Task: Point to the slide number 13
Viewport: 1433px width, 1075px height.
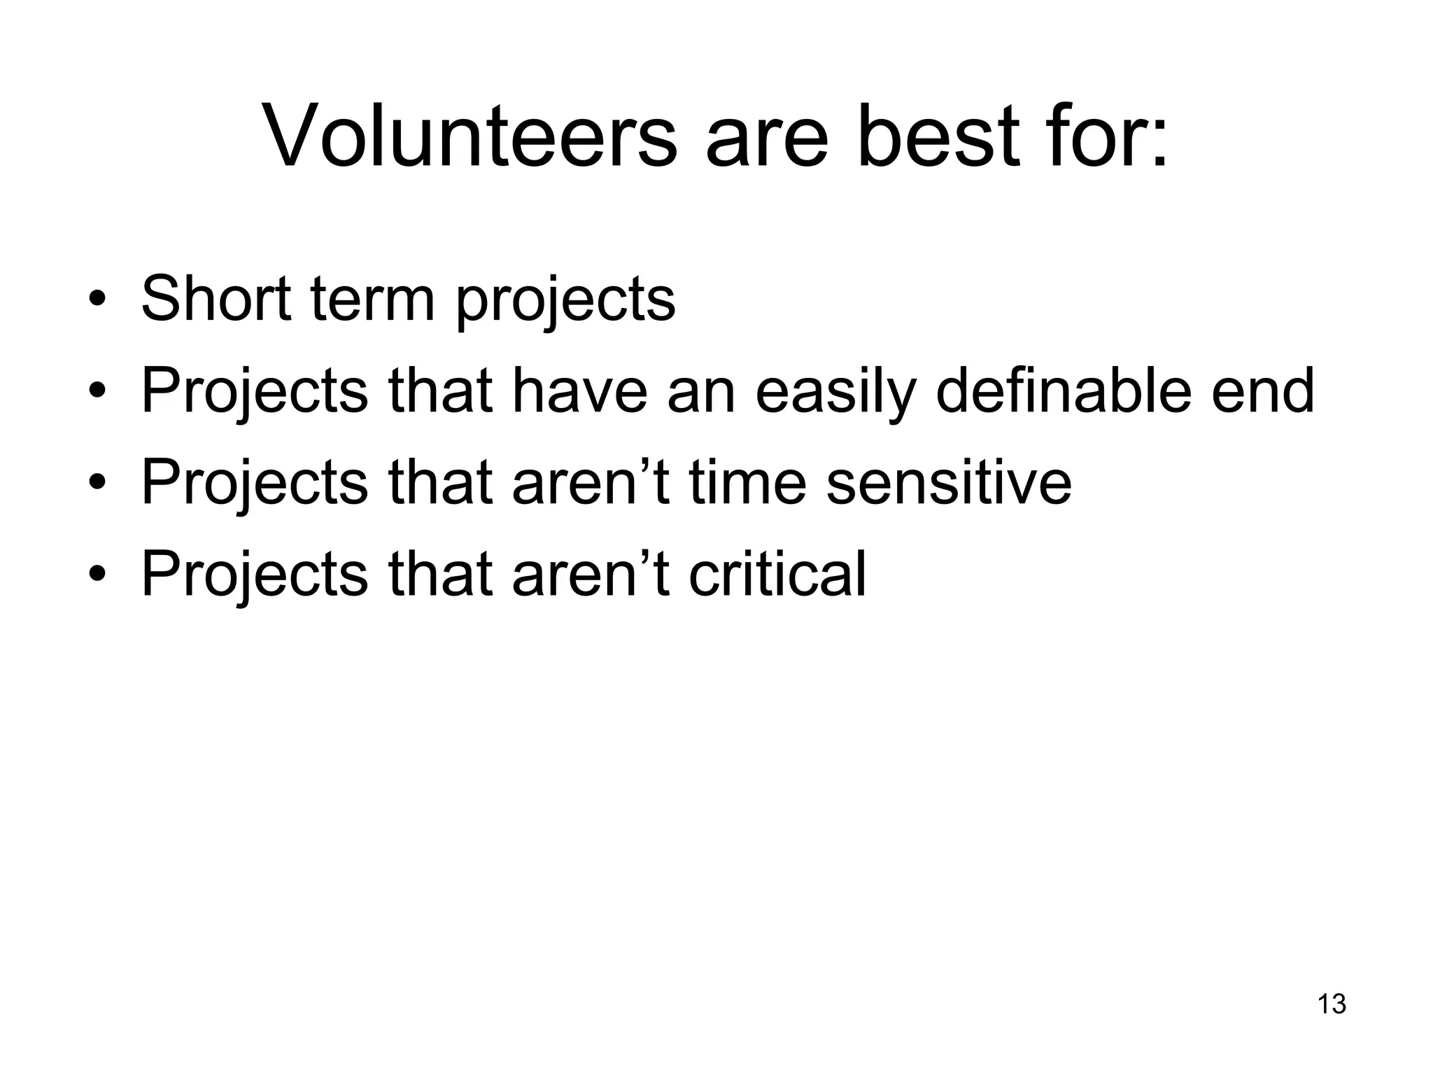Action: pyautogui.click(x=1332, y=1004)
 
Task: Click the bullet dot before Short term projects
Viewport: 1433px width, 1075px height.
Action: pyautogui.click(x=97, y=302)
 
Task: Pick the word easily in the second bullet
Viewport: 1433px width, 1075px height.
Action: pyautogui.click(x=835, y=392)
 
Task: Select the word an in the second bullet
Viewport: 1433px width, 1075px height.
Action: pyautogui.click(x=702, y=392)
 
